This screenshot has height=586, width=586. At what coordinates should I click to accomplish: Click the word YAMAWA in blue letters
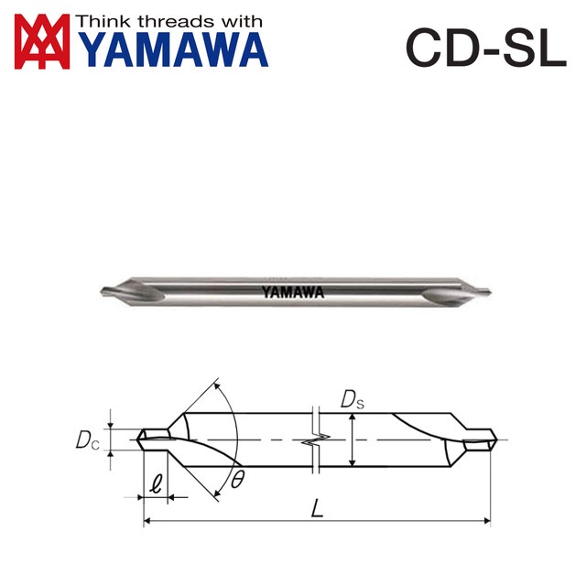pyautogui.click(x=173, y=51)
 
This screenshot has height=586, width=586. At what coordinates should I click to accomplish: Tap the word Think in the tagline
pyautogui.click(x=99, y=21)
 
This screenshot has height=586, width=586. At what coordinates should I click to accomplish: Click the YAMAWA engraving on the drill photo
pyautogui.click(x=291, y=293)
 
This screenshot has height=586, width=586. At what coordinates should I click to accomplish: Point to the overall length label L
pyautogui.click(x=317, y=507)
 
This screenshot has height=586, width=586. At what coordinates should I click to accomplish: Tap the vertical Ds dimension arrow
pyautogui.click(x=352, y=439)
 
